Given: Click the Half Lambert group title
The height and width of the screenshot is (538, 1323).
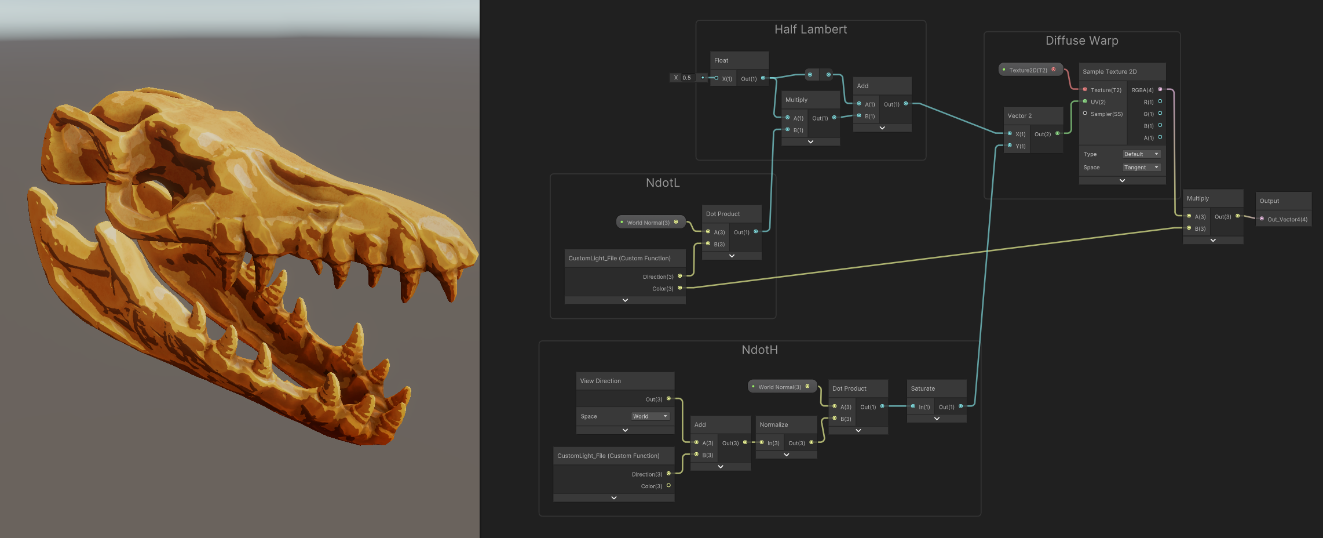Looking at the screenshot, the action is [x=810, y=30].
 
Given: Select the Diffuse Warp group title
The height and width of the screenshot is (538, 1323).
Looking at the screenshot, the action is [x=1081, y=41].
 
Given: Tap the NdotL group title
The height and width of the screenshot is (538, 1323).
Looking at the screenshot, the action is [x=663, y=183].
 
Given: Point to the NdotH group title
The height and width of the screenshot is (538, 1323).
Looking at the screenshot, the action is [x=759, y=350].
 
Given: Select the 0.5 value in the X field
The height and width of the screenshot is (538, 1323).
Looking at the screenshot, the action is [x=686, y=78].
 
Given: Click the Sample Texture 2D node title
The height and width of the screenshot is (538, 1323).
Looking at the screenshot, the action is [x=1109, y=72].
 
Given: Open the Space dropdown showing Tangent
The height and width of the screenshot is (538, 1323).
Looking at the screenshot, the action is [x=1141, y=168].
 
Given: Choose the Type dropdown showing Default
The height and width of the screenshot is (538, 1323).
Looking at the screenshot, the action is [x=1141, y=154].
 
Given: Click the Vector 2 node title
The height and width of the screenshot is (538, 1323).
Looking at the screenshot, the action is [x=1019, y=116].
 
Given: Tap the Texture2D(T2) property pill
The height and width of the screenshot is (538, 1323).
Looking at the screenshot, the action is [x=1028, y=70].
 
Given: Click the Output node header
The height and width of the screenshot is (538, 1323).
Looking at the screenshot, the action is [x=1269, y=201].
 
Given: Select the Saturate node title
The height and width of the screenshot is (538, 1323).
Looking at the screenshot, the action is [x=923, y=388].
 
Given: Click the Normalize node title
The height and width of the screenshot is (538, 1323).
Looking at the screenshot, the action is [x=773, y=424].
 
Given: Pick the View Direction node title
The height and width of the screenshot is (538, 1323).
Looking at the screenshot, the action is [x=600, y=381].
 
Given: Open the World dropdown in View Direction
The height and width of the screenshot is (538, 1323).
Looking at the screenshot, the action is [x=650, y=416].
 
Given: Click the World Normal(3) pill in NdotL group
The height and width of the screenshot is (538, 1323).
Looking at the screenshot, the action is [x=648, y=223].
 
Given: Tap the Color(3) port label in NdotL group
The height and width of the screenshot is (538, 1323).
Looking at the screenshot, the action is [x=663, y=289].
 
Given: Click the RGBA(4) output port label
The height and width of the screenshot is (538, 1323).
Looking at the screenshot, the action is [x=1142, y=90].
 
